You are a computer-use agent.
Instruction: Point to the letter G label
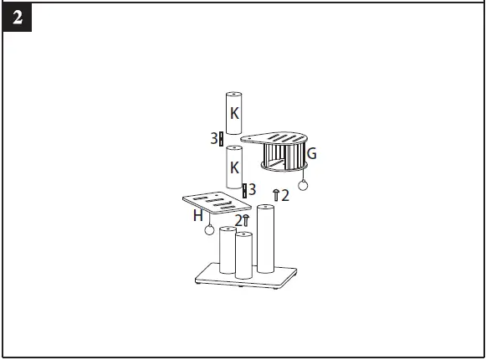coord(311,153)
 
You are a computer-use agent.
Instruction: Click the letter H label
coord(198,215)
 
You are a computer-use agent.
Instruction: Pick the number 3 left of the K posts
coord(214,138)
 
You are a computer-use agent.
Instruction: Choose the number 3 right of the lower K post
coord(252,190)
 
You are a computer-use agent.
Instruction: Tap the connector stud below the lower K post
coord(244,191)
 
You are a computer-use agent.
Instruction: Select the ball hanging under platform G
coord(303,185)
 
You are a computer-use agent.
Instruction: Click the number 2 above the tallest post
coord(285,196)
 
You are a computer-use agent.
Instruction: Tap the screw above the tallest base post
coord(276,196)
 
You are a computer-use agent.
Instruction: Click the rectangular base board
coord(246,277)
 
